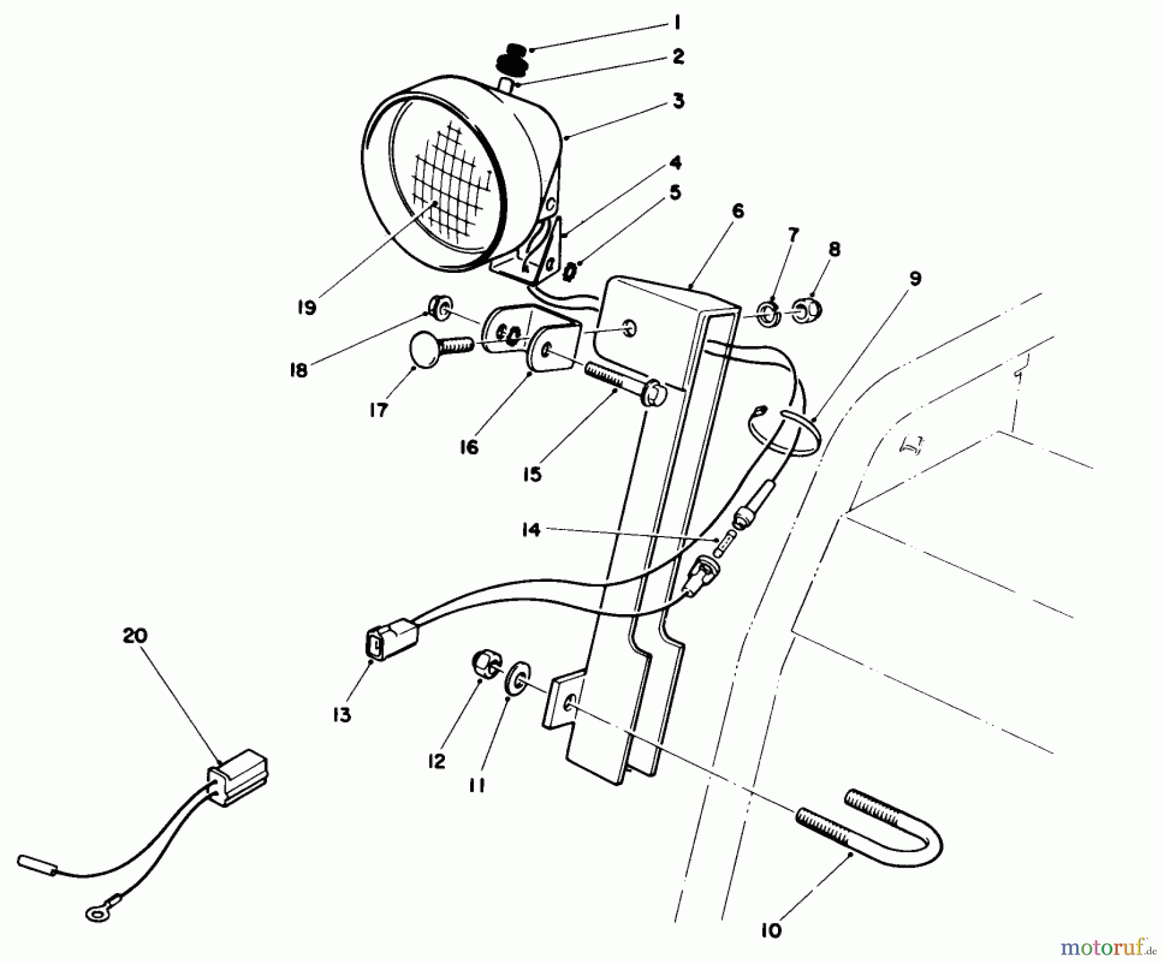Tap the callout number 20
click(135, 636)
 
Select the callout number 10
click(771, 930)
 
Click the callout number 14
click(531, 530)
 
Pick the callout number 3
click(678, 102)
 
